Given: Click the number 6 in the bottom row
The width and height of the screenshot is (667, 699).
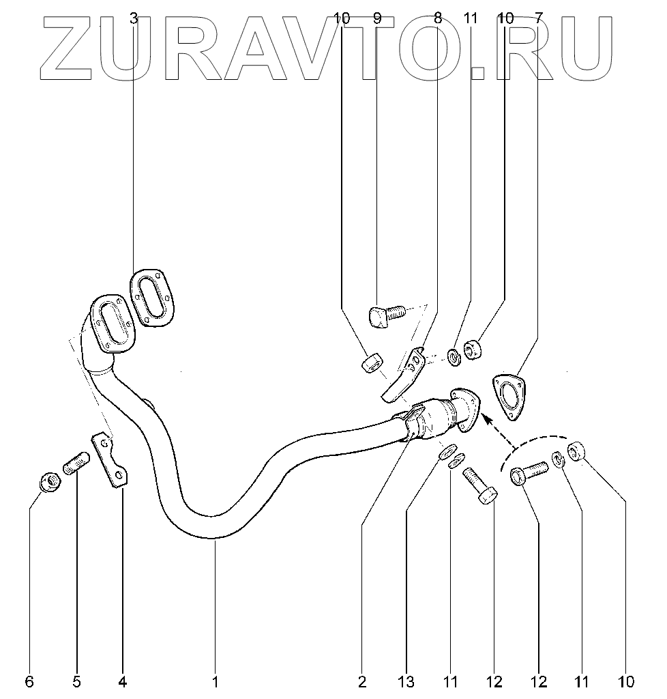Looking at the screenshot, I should [29, 681].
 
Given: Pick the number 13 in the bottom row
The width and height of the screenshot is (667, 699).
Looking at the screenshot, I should [406, 681].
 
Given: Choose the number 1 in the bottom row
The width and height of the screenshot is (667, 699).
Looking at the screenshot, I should [215, 681].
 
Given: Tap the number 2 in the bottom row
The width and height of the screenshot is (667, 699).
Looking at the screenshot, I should [361, 681].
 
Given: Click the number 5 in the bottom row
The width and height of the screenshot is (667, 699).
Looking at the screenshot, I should [76, 681].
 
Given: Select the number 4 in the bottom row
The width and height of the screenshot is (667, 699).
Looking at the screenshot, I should [123, 681].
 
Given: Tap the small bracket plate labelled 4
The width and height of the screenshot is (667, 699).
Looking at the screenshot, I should [110, 460].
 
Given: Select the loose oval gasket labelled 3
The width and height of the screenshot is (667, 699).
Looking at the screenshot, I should [151, 298].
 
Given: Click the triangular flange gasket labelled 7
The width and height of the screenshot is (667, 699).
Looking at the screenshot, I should [509, 395].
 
